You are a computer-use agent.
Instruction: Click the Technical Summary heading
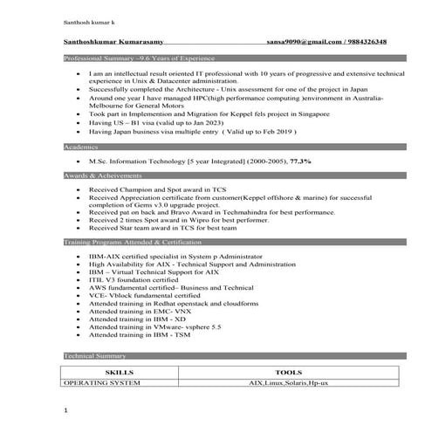(x=95, y=356)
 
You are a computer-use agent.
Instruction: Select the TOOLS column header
(x=288, y=371)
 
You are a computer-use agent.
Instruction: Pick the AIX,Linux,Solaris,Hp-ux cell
(x=288, y=382)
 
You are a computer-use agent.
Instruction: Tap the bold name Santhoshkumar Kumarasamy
(x=113, y=42)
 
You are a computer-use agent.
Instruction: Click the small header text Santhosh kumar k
(x=88, y=18)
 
